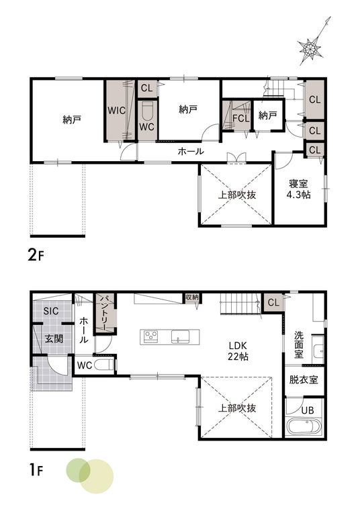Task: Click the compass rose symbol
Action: [310, 49]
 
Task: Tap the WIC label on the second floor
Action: [116, 110]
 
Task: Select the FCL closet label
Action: [240, 118]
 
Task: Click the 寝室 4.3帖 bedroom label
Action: [298, 189]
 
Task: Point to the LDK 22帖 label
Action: [238, 351]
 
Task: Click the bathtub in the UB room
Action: [304, 426]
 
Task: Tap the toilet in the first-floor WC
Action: [104, 365]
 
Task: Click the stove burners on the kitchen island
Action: [151, 336]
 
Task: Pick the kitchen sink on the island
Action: [181, 336]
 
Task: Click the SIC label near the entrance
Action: [51, 311]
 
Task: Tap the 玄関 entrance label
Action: [54, 339]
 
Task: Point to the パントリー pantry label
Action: [104, 313]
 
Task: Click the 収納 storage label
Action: [192, 297]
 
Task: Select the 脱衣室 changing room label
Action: [304, 379]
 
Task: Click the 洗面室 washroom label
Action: [299, 344]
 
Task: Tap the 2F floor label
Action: [36, 255]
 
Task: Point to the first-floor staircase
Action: [240, 304]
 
